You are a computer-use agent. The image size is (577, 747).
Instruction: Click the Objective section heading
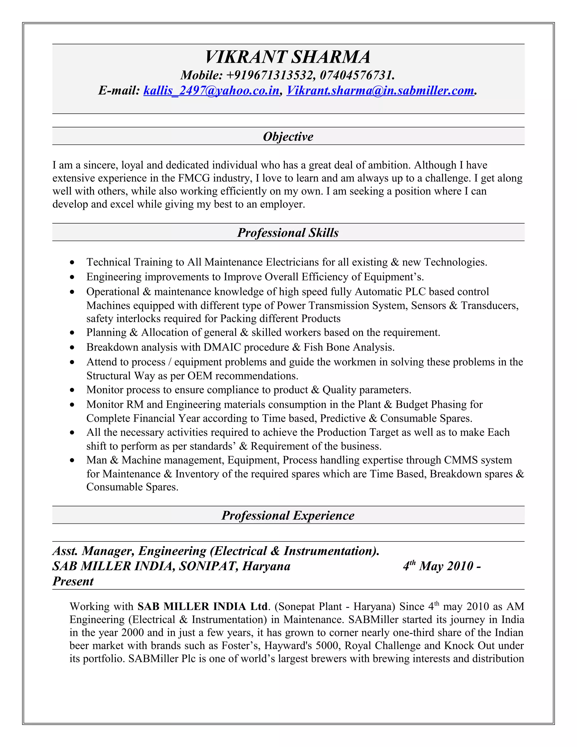click(x=288, y=136)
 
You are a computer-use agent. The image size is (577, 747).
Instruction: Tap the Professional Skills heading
click(x=288, y=233)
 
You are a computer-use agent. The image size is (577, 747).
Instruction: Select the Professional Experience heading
click(x=288, y=516)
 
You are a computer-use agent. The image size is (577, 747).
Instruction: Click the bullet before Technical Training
click(x=72, y=263)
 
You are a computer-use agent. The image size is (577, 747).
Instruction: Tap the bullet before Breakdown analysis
click(x=72, y=348)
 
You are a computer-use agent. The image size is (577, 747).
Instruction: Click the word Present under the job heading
click(x=73, y=582)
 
